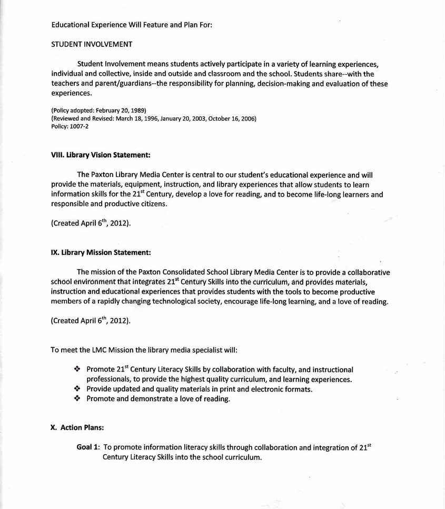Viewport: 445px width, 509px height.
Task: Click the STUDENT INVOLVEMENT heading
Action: [x=92, y=44]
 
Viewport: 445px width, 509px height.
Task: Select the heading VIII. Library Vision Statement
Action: [x=101, y=155]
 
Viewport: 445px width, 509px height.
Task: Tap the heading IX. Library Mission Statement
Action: [x=101, y=252]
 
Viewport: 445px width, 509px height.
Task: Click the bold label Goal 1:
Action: [x=88, y=447]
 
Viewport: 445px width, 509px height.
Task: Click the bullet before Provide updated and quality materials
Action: [x=77, y=389]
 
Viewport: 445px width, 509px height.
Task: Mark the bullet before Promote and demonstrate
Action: [x=77, y=398]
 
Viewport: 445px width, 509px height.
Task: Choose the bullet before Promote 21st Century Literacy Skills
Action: [x=77, y=369]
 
